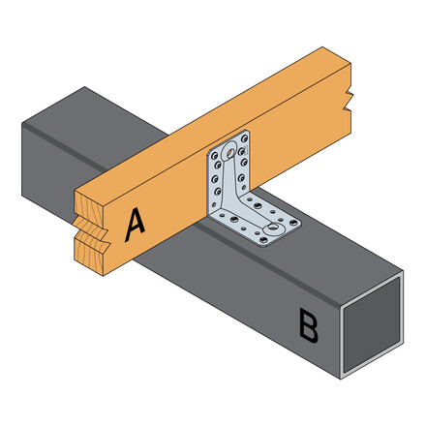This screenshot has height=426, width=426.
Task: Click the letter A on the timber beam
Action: point(135,225)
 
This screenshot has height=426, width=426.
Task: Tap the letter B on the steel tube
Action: point(308,326)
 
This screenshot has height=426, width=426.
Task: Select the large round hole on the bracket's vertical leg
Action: point(228,153)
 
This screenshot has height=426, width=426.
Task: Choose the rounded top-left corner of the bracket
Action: point(210,156)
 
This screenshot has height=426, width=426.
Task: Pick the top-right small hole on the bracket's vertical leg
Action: point(246,137)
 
